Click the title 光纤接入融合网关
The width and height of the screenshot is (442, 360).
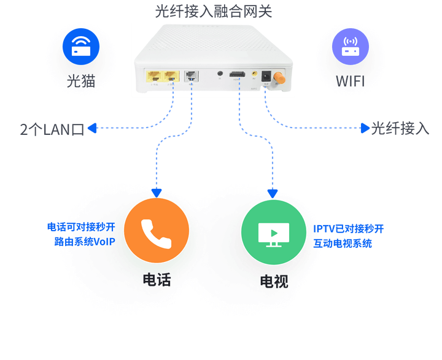click(213, 10)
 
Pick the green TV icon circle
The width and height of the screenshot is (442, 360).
click(273, 232)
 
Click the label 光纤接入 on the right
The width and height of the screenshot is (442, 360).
click(400, 128)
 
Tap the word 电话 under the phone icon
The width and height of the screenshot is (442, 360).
click(156, 280)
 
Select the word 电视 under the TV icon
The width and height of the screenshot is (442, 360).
click(273, 281)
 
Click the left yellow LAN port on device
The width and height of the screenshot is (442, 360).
click(153, 77)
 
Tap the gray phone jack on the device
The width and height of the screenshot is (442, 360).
click(191, 77)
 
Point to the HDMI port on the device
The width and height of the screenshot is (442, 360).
click(237, 76)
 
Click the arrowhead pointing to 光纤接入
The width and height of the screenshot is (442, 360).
click(365, 128)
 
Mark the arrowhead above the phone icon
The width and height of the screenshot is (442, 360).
click(156, 193)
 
